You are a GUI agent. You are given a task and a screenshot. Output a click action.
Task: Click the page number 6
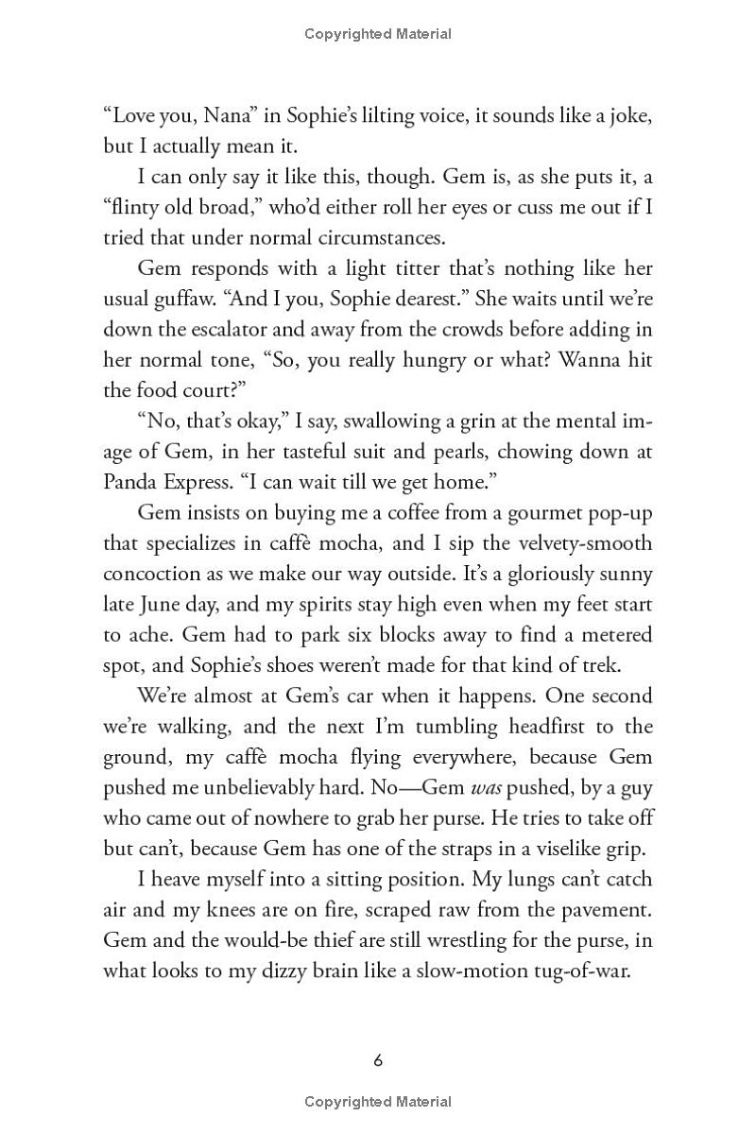(x=378, y=1060)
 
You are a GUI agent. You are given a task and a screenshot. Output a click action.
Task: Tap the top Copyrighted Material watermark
(x=378, y=34)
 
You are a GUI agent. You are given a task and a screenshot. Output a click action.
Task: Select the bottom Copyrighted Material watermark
(x=378, y=1102)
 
